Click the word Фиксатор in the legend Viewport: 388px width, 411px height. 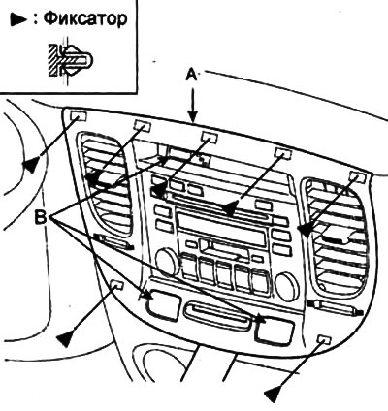click(84, 19)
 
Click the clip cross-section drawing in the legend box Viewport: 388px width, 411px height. click(71, 59)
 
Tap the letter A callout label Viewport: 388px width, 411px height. click(192, 76)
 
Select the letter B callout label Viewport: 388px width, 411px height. click(41, 216)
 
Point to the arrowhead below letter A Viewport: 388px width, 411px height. click(193, 118)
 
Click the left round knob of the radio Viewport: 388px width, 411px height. click(167, 261)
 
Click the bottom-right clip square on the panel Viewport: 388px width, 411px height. click(325, 339)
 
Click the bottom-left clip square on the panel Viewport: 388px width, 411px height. click(117, 285)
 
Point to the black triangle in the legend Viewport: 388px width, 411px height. click(18, 19)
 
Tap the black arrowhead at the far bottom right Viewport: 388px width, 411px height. click(273, 395)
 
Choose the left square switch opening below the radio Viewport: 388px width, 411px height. click(163, 305)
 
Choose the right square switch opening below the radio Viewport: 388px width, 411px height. click(275, 331)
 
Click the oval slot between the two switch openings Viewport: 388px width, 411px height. click(216, 316)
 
